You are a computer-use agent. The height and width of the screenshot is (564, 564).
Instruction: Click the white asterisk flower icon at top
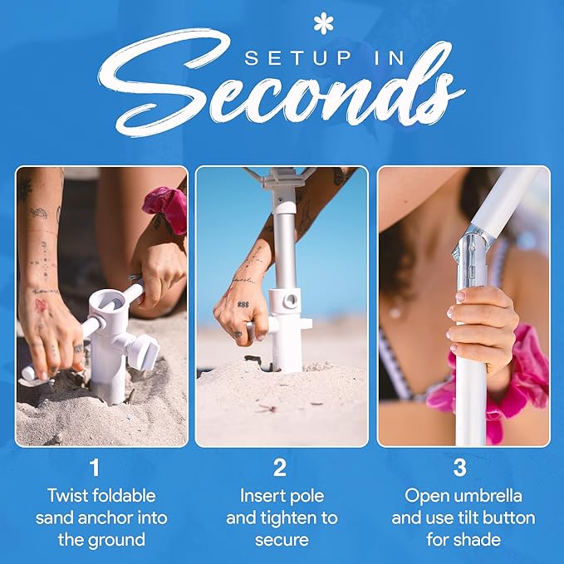[323, 23]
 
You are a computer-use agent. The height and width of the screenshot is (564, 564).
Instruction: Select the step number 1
[95, 468]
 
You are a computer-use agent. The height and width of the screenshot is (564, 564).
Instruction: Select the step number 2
[280, 468]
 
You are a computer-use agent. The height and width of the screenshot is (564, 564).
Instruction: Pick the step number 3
[459, 468]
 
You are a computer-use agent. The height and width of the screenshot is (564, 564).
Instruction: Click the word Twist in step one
[67, 495]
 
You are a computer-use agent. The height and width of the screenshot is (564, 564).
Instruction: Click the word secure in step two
[282, 541]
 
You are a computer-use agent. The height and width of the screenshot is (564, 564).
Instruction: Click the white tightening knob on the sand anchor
[145, 351]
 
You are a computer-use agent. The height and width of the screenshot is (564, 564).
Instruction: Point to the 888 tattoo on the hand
[243, 304]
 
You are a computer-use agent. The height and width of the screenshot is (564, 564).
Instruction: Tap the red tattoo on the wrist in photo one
[40, 306]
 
